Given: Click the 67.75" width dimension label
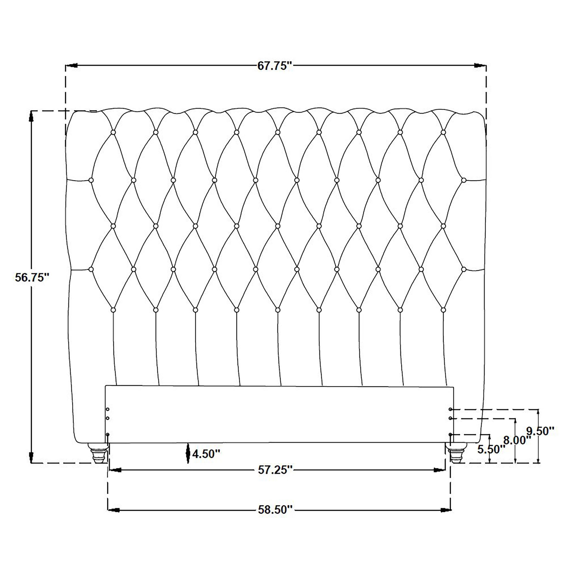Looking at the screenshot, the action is [x=275, y=66].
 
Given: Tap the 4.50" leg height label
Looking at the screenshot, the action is [x=206, y=454].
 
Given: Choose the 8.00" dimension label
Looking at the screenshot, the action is [x=517, y=440].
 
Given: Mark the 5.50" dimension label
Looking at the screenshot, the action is [x=491, y=449].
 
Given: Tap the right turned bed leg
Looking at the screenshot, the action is [x=458, y=453].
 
